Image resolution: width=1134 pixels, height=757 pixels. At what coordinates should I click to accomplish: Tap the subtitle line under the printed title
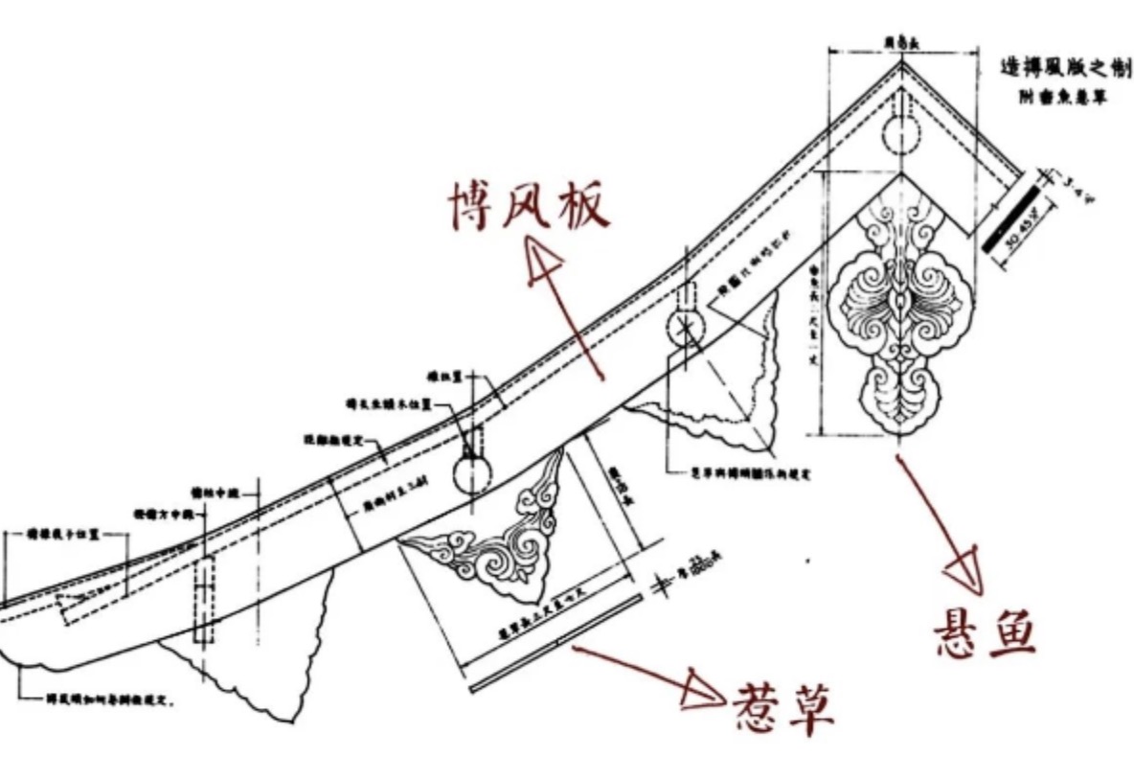(x=1062, y=100)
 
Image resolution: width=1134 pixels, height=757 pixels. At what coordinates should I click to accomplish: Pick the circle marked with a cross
(x=687, y=327)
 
